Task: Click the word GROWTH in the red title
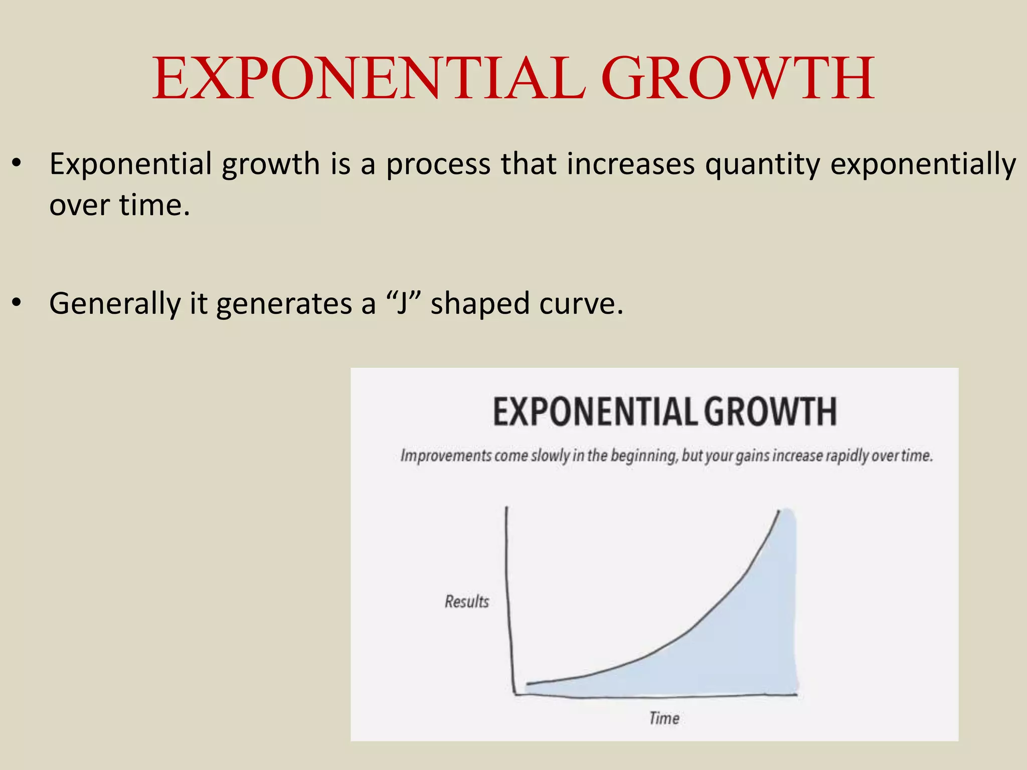click(738, 79)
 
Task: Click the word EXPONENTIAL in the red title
click(369, 79)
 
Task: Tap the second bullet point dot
click(17, 302)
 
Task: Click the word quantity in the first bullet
click(762, 164)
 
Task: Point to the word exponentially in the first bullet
click(923, 164)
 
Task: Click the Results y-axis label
click(466, 601)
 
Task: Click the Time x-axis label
click(664, 718)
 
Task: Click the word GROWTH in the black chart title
click(770, 412)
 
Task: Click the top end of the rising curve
click(779, 511)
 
